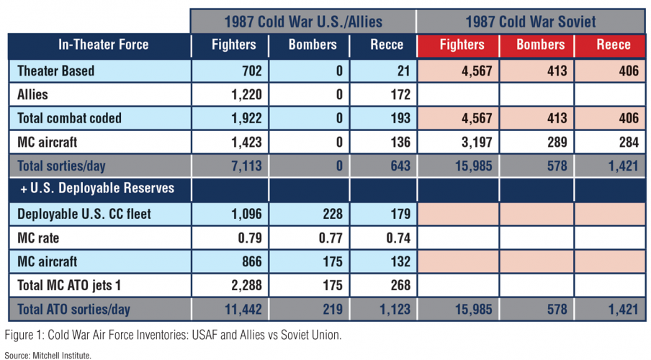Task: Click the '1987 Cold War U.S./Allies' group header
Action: pyautogui.click(x=302, y=20)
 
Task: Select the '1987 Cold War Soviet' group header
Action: pyautogui.click(x=530, y=20)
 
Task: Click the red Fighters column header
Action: pyautogui.click(x=462, y=45)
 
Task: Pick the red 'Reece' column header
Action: pyautogui.click(x=614, y=45)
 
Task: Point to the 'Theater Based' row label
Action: pyautogui.click(x=57, y=71)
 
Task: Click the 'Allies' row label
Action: pyautogui.click(x=33, y=94)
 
